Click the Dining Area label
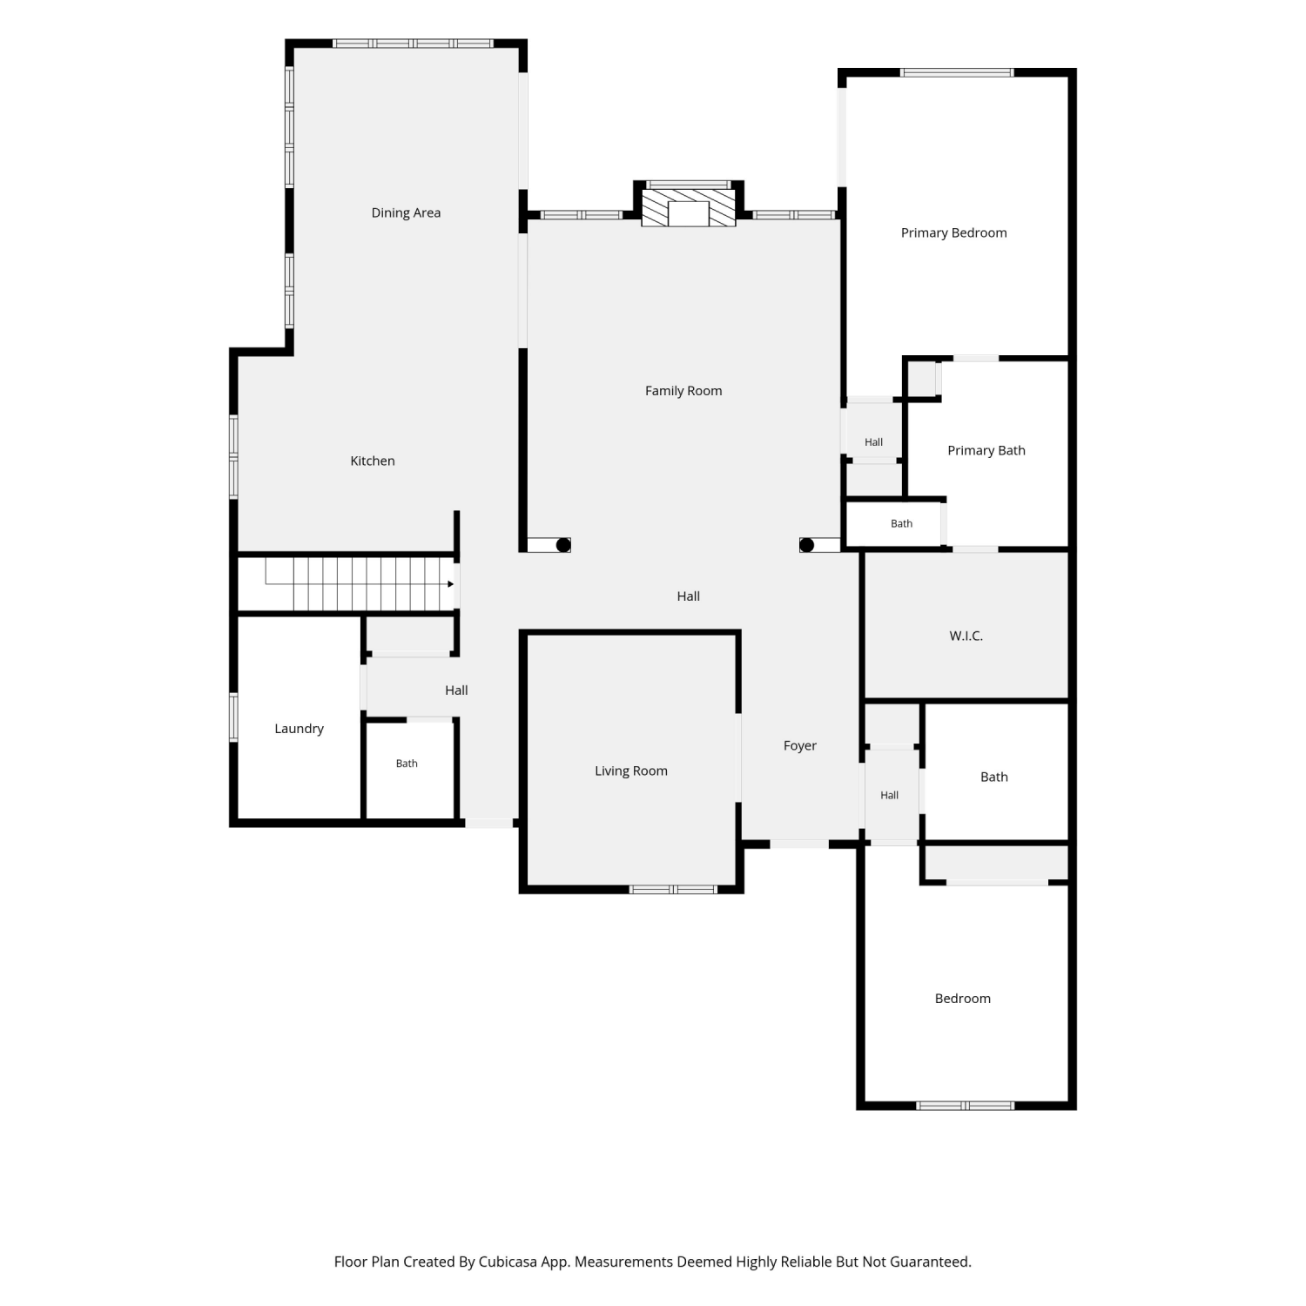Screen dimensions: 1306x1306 [406, 212]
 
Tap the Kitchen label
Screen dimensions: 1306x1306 [373, 461]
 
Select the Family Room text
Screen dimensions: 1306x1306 [683, 391]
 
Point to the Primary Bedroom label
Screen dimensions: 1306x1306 [953, 232]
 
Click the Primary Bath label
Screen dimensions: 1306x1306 [986, 450]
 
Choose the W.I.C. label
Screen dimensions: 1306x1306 [966, 636]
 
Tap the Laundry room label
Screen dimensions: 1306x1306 [299, 729]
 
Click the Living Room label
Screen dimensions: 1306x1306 [631, 771]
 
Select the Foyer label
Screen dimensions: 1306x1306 [800, 745]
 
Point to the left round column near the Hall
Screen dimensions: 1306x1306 [563, 545]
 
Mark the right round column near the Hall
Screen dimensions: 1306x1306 [806, 545]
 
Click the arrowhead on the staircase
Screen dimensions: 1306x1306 [450, 583]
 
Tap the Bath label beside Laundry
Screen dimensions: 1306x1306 [407, 764]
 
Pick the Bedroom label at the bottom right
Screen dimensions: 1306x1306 [962, 999]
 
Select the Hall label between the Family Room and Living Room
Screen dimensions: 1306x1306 [689, 596]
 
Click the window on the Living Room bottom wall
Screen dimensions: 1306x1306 [673, 889]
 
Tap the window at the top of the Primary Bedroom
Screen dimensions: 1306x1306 [957, 72]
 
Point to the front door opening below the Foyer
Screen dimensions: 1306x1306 [799, 844]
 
